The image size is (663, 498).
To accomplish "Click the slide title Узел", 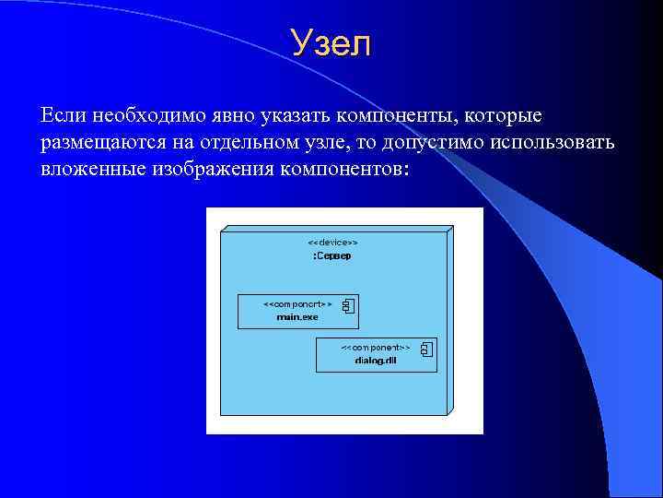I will tap(331, 43).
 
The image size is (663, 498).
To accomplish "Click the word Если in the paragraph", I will tap(62, 117).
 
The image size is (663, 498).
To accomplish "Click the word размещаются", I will tap(100, 145).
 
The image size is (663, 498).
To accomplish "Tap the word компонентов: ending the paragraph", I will tap(341, 172).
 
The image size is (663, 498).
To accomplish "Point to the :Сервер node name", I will tap(331, 255).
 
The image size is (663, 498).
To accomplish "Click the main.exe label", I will tap(297, 316).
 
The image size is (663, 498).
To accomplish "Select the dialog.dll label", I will tap(376, 361).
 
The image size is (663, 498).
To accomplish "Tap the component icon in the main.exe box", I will tap(348, 306).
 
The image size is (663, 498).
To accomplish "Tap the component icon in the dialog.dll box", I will tap(426, 349).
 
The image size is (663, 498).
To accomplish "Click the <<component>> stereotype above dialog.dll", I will tap(376, 348).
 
